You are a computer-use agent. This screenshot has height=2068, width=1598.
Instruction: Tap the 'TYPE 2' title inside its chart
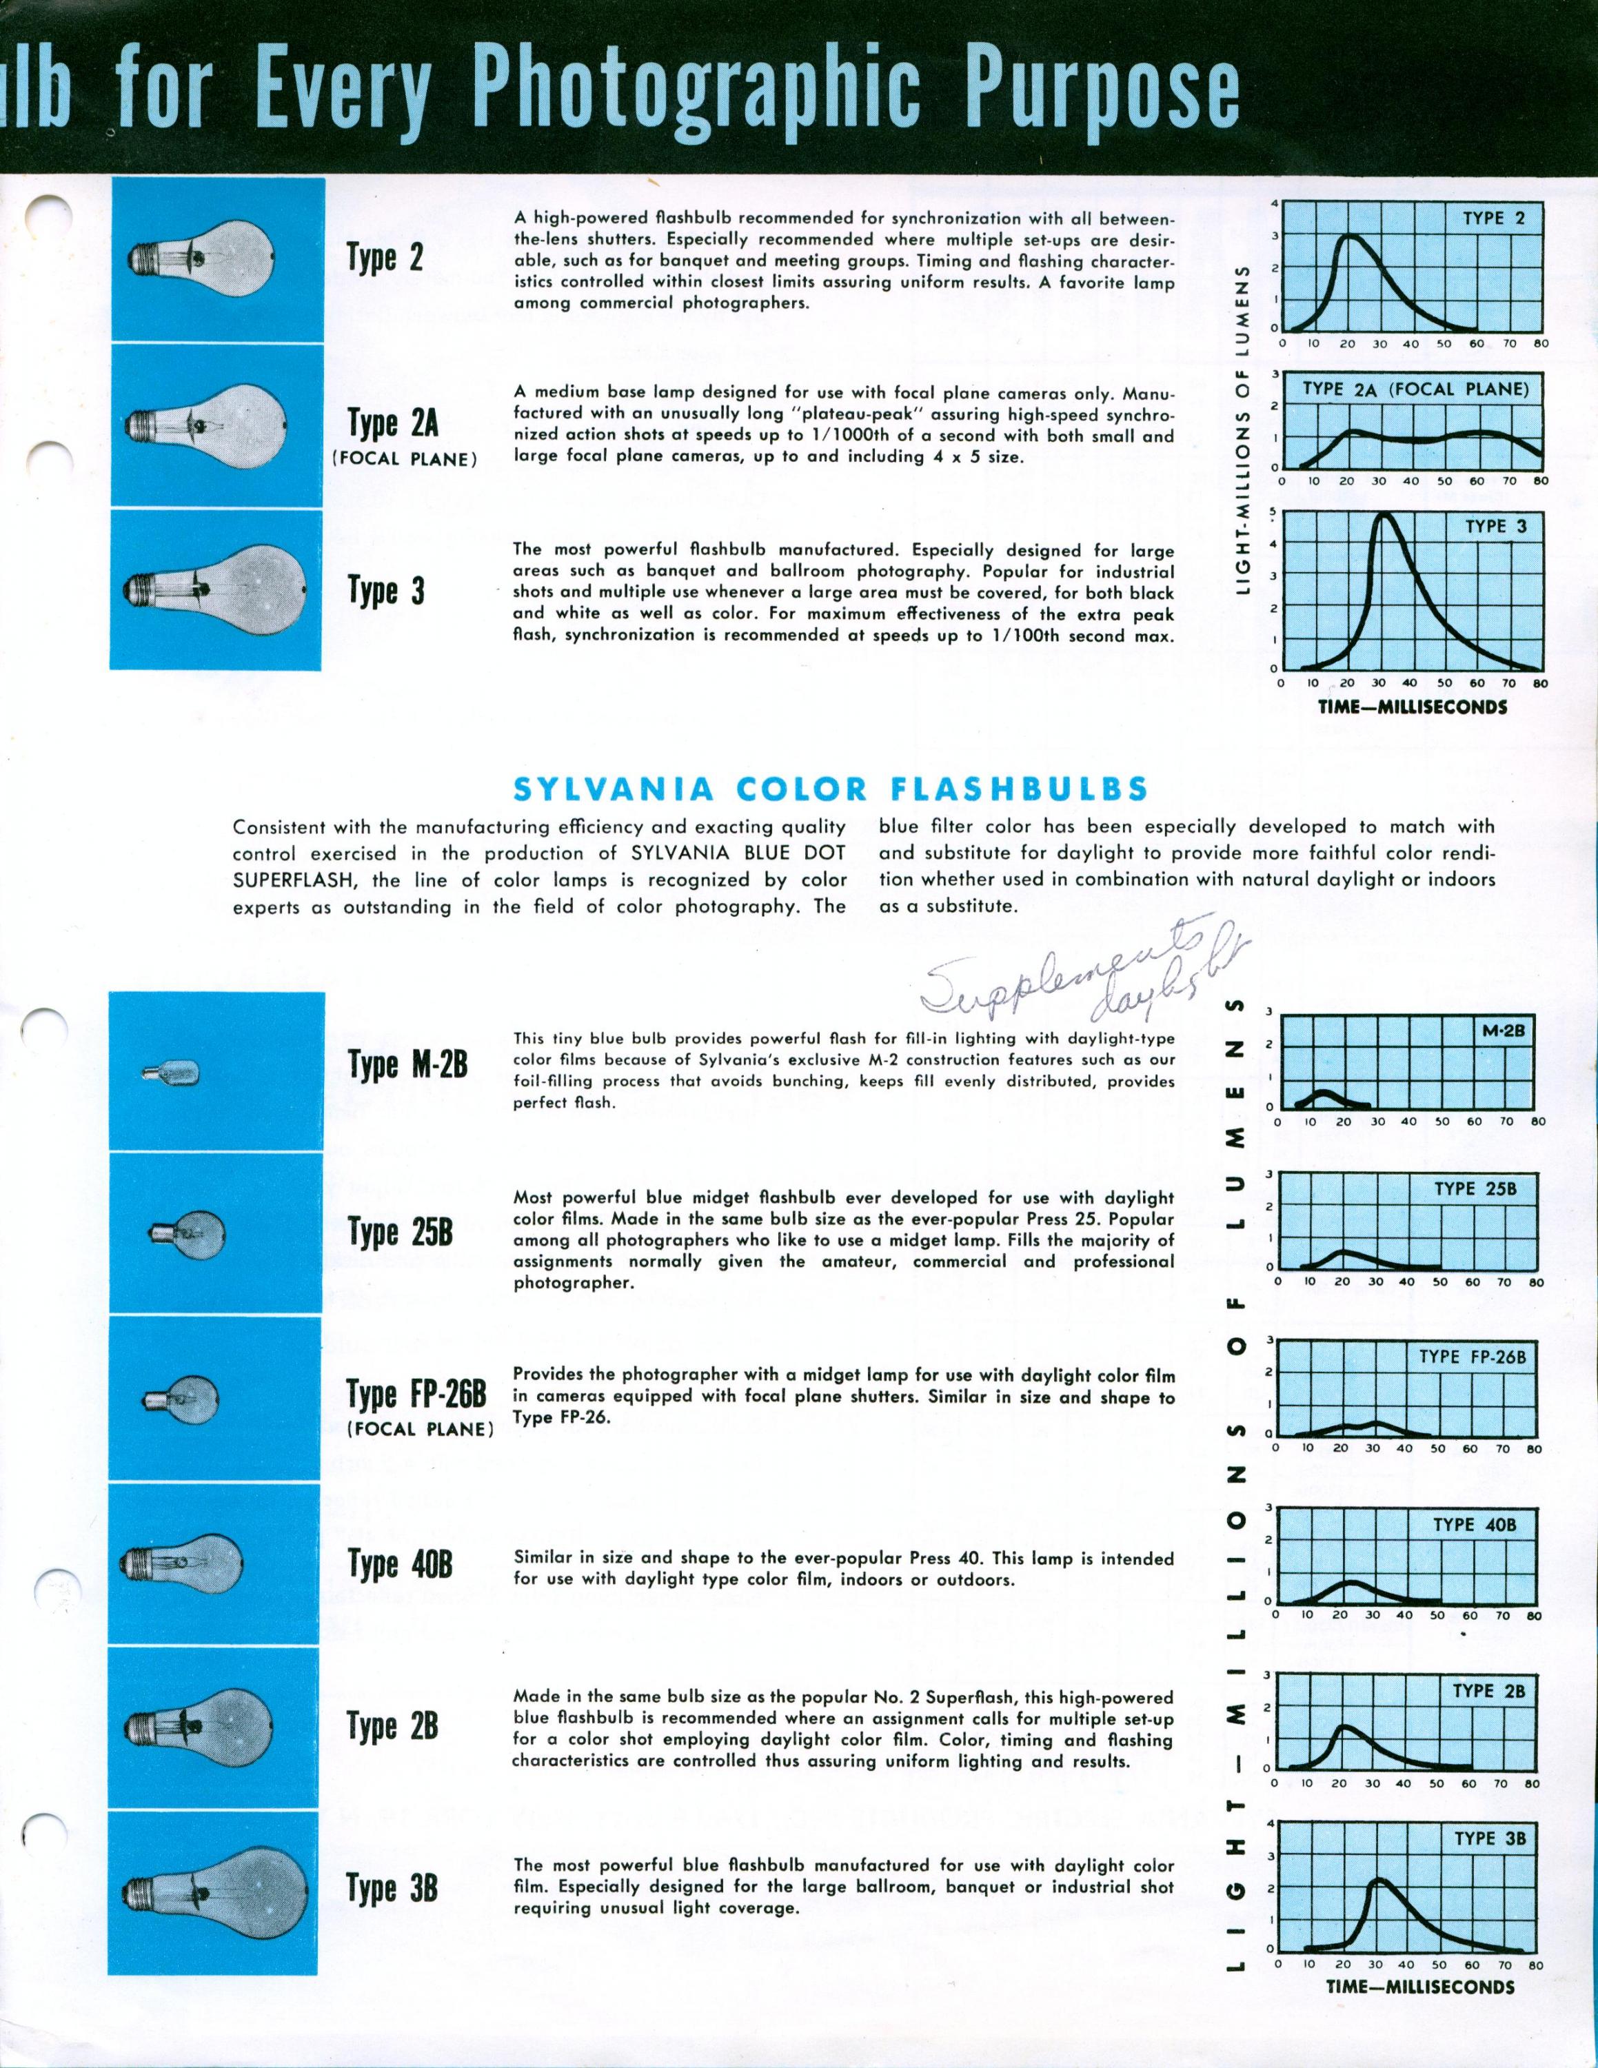point(1494,219)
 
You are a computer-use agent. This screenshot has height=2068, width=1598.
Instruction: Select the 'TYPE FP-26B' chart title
point(1472,1357)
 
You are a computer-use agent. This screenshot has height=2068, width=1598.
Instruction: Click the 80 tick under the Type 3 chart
point(1540,682)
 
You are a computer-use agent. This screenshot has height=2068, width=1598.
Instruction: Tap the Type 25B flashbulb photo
point(187,1233)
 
